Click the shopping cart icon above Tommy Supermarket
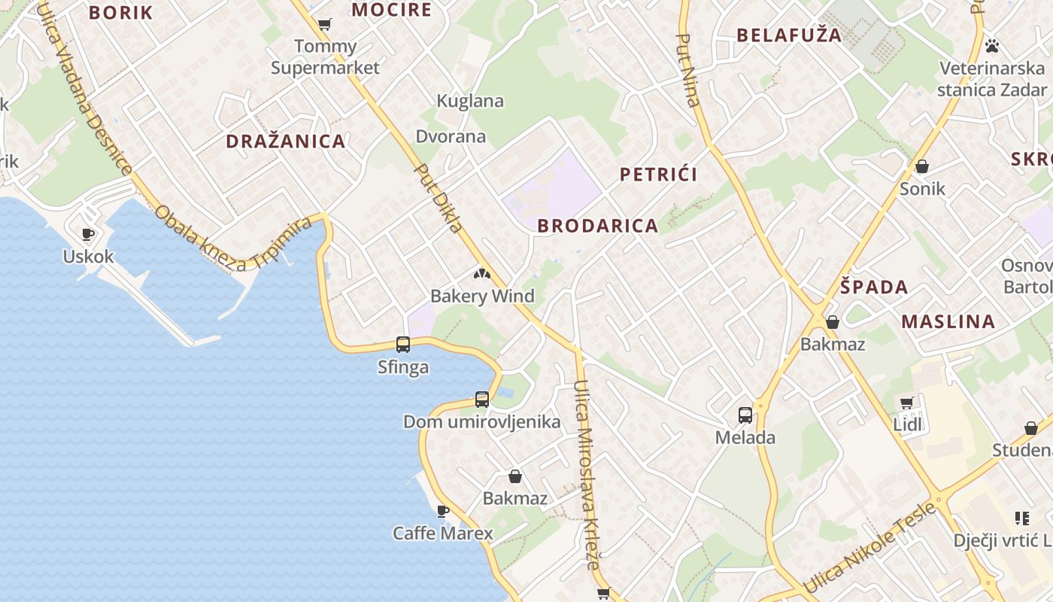coord(324,25)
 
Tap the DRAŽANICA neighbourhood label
coord(286,141)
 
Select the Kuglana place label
coord(470,101)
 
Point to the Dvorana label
coord(451,137)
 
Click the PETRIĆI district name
coord(659,175)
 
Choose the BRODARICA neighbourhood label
coord(598,226)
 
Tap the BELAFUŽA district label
coord(789,35)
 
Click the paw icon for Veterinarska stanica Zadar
coord(992,46)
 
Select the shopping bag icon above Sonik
coord(922,166)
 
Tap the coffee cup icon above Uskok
coord(88,234)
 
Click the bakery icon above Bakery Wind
coord(481,274)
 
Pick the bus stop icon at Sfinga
coord(403,345)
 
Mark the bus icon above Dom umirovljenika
coord(482,400)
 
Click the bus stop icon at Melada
coord(745,415)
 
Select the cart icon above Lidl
coord(907,403)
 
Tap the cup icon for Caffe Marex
coord(443,512)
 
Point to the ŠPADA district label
coord(874,287)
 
